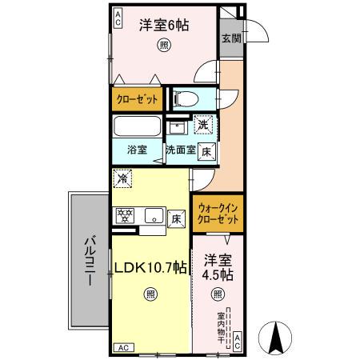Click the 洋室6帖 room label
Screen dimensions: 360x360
164,25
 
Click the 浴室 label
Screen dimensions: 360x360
136,150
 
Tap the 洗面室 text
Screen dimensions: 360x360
180,150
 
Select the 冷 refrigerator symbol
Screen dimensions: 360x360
123,180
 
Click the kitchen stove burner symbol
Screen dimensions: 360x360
125,214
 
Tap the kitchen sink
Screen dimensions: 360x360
150,214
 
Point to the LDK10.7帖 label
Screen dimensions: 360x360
150,269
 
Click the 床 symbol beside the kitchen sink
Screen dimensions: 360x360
176,216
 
